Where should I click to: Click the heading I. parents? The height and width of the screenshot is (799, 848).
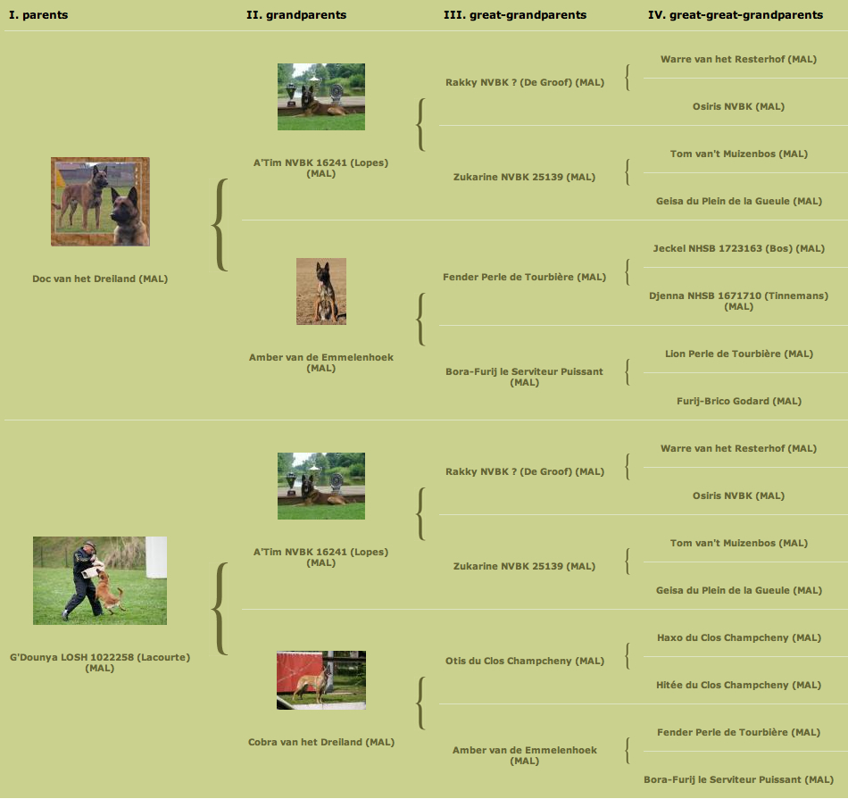[38, 14]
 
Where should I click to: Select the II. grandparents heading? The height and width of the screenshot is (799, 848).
[296, 14]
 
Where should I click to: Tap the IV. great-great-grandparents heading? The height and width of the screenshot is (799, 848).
[736, 14]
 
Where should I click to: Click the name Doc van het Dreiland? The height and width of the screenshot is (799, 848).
[100, 279]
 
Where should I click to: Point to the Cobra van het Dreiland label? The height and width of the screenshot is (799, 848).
[321, 742]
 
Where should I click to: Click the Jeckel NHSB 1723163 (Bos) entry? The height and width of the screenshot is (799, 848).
[739, 248]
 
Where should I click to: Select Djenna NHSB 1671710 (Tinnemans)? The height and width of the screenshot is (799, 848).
[739, 301]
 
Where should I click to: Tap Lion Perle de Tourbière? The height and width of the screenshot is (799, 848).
[739, 354]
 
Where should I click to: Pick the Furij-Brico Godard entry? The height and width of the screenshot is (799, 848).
[739, 401]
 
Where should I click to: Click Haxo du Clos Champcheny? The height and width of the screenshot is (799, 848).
[739, 637]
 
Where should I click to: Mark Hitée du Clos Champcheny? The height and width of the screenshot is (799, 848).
[739, 685]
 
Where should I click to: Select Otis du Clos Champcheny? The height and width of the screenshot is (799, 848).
[525, 661]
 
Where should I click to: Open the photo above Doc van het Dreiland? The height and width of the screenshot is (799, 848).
[100, 202]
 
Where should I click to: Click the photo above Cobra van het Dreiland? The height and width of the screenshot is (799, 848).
[321, 680]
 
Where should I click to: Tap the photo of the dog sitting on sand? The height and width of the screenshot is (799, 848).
[321, 291]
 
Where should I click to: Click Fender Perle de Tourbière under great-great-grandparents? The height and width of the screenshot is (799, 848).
[739, 732]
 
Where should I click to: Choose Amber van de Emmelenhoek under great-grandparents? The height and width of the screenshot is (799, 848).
[525, 755]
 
